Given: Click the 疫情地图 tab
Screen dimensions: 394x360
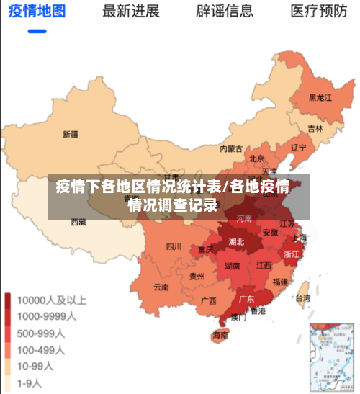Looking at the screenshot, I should [x=37, y=12].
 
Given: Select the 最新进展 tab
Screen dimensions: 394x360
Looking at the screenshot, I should [x=131, y=12].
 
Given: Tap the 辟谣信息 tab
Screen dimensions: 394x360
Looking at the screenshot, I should [x=225, y=12].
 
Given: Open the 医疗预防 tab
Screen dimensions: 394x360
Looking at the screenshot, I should [x=318, y=12].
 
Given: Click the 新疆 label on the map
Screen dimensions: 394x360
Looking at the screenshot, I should [x=70, y=133].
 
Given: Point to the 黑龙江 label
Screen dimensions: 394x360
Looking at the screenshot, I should [x=320, y=97].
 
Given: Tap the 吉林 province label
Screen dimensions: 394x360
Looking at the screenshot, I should [x=315, y=128].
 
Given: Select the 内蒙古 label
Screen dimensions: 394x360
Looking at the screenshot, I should [x=231, y=149].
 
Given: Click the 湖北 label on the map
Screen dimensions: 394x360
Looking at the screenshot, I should [x=236, y=241].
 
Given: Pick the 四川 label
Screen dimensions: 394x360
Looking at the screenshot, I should [x=174, y=246].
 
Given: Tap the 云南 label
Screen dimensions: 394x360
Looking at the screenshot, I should [x=161, y=287].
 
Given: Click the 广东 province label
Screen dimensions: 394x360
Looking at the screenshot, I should [x=246, y=299].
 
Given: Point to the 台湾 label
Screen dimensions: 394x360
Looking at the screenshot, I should [x=303, y=297].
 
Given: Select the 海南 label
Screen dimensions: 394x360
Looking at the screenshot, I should [x=220, y=335].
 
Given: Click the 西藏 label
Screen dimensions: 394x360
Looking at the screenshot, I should [x=78, y=223].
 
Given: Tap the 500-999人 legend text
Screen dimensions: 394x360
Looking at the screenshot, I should [x=42, y=333].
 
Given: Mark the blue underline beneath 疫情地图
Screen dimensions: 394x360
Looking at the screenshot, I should [x=37, y=31].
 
